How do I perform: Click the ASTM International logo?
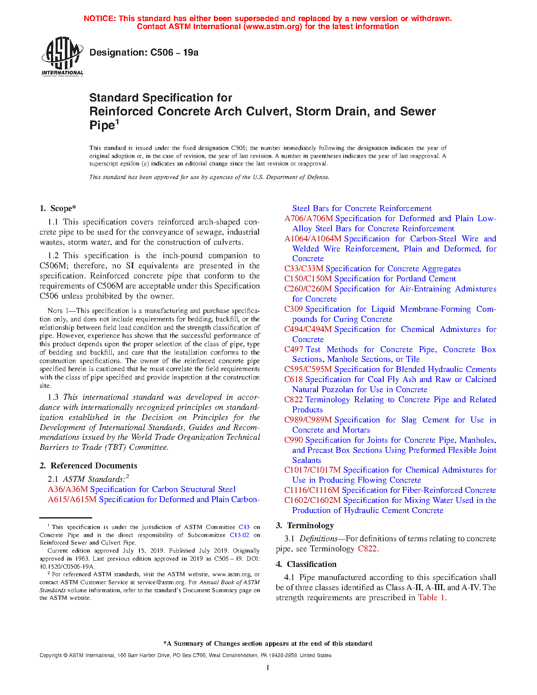62,56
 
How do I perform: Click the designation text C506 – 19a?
144,53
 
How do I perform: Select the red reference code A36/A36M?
68,489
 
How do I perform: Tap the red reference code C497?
294,350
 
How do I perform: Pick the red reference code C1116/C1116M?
312,490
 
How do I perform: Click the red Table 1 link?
431,598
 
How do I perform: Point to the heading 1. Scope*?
58,208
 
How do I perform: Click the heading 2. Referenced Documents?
88,466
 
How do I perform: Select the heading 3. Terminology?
305,526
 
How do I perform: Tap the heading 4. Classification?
306,564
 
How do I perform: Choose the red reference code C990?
294,440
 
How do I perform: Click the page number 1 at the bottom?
268,668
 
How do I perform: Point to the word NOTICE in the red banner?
99,19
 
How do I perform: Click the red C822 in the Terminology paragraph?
367,549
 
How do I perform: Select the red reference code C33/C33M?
304,269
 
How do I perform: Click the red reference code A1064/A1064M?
313,239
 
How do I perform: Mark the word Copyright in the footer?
51,655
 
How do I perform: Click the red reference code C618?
294,380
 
